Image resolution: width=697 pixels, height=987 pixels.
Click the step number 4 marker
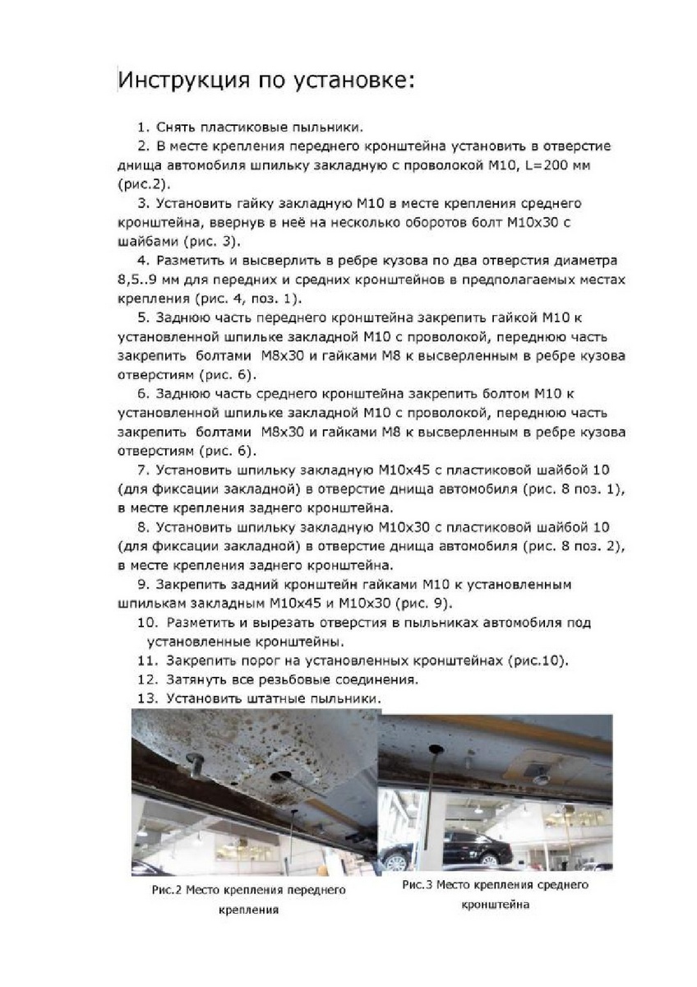point(141,260)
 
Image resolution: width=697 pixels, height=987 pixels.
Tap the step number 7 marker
point(141,469)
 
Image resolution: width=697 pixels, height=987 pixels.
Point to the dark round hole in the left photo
point(284,776)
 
